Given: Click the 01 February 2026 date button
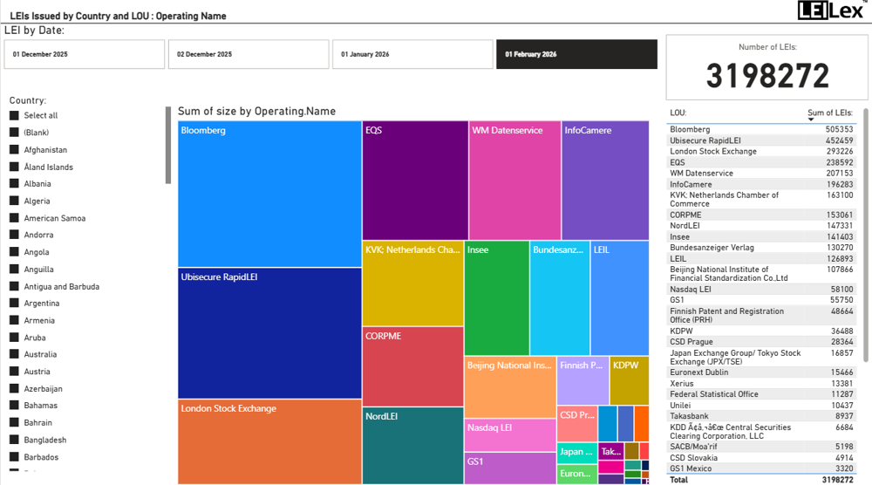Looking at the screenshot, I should [x=576, y=54].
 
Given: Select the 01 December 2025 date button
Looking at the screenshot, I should [x=84, y=54].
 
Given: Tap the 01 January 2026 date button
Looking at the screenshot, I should [x=412, y=54].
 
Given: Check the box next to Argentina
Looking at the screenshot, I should [x=14, y=304].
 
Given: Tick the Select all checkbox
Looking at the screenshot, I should [x=14, y=115].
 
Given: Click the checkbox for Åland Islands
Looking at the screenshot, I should [x=14, y=167].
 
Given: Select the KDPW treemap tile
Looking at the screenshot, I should [x=629, y=380].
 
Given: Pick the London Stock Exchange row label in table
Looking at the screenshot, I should [x=713, y=152].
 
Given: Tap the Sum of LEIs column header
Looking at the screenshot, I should [x=829, y=113].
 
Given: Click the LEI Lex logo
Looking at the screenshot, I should [x=832, y=10].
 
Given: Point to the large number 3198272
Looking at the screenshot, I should [x=767, y=77].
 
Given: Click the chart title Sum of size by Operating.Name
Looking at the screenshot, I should [x=256, y=112].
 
